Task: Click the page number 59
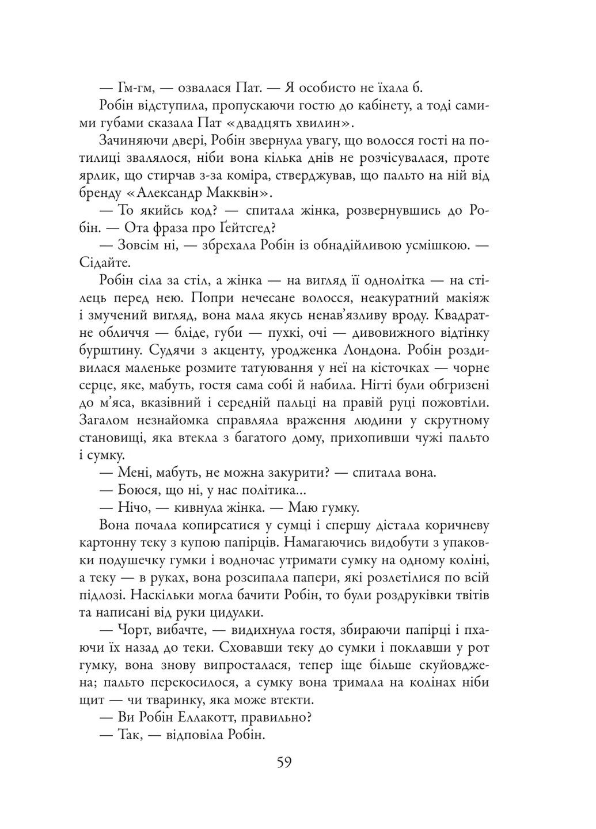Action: tap(284, 762)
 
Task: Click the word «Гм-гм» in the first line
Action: tap(136, 88)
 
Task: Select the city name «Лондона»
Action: tap(368, 351)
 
